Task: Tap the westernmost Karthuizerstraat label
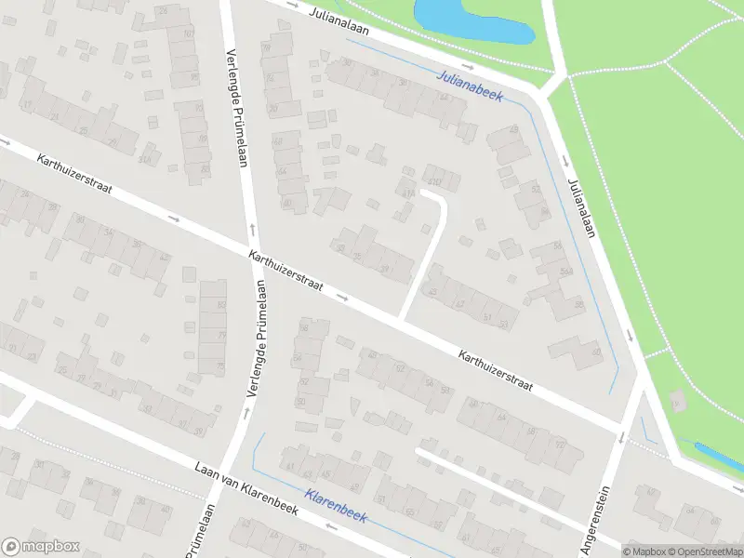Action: [x=74, y=174]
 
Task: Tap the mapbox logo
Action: [x=40, y=547]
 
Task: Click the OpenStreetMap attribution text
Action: [x=703, y=551]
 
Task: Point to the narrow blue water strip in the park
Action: [x=718, y=457]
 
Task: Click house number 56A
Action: [x=565, y=271]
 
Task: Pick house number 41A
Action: [x=407, y=193]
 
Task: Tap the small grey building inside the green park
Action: [x=678, y=402]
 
